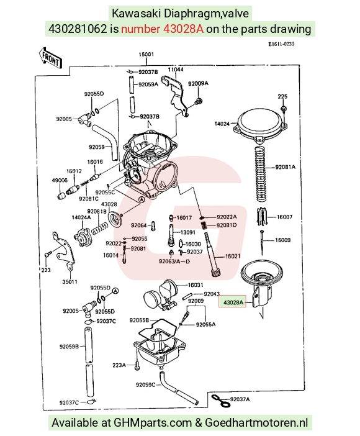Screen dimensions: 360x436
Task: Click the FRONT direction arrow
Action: point(51,58)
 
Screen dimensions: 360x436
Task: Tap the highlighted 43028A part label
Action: point(233,302)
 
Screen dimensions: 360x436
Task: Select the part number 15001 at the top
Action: point(146,54)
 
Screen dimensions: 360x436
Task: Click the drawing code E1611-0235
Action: point(281,44)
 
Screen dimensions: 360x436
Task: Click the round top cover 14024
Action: point(261,124)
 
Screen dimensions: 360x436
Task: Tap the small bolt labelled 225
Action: point(283,108)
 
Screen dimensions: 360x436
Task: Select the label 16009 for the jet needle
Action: point(282,240)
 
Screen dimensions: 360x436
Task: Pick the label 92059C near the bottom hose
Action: point(145,384)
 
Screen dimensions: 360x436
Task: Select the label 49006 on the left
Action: point(60,180)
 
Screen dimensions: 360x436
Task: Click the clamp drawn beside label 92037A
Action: point(221,400)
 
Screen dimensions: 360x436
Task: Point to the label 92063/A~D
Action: point(174,261)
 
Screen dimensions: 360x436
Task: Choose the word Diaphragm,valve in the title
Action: point(206,13)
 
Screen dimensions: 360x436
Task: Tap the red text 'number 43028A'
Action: point(163,29)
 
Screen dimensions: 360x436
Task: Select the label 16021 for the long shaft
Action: point(232,256)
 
